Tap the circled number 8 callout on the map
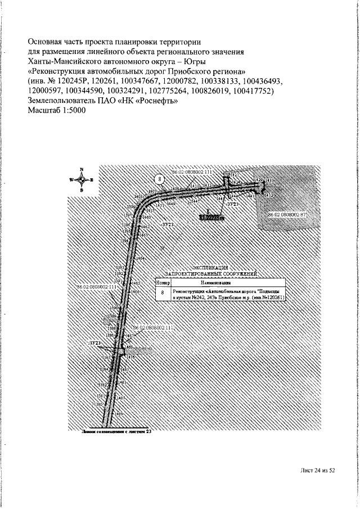[160, 179]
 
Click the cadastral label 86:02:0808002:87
[286, 215]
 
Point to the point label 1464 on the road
[141, 258]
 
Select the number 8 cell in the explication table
[163, 293]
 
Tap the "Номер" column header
[163, 282]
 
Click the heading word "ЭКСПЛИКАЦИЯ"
[210, 268]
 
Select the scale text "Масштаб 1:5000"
[56, 110]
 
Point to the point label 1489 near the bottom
[119, 413]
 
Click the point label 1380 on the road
[99, 404]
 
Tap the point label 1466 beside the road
[135, 292]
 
